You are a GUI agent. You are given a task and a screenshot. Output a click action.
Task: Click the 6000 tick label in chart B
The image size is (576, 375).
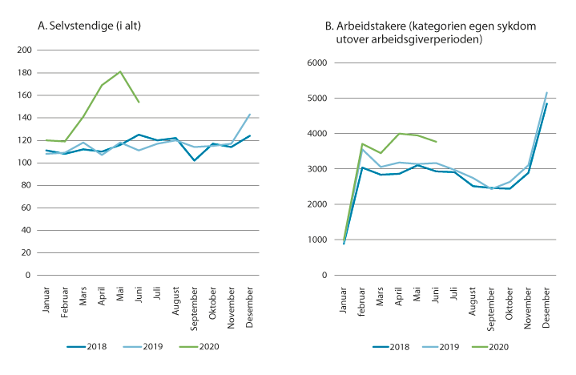click(x=316, y=62)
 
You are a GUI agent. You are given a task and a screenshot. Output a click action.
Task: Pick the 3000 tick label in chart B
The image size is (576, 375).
click(x=316, y=169)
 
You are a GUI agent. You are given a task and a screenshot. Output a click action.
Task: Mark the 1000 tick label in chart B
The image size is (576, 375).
click(x=316, y=240)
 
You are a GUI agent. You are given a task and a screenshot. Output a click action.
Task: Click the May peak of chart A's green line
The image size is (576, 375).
click(x=120, y=71)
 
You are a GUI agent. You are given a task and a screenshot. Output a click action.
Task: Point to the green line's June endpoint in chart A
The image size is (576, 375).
click(x=139, y=103)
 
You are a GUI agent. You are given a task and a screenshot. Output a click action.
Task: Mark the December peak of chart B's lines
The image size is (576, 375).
click(x=546, y=92)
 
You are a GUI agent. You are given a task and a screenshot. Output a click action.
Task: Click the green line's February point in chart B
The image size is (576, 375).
click(x=362, y=144)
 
